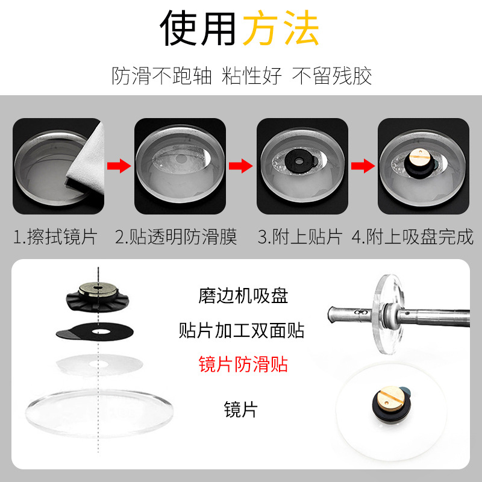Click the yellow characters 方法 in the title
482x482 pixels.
(281, 28)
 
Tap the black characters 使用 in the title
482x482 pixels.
(198, 28)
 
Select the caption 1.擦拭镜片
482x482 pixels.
(55, 237)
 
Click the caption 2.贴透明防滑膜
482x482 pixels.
(176, 237)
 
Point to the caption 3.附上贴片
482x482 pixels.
(300, 237)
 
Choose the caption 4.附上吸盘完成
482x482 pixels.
(413, 237)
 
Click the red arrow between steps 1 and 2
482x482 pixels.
(119, 166)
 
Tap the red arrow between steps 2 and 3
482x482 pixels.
(240, 166)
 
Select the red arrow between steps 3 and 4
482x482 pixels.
(363, 166)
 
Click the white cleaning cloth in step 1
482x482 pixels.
(87, 160)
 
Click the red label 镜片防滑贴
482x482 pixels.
(243, 365)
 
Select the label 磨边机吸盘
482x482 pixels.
(243, 296)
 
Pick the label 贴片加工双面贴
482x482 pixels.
(242, 330)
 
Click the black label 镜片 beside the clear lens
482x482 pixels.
(240, 410)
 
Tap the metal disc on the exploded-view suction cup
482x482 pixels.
(98, 289)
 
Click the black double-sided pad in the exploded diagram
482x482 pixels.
(95, 331)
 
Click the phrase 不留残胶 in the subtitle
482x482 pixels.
(332, 76)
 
